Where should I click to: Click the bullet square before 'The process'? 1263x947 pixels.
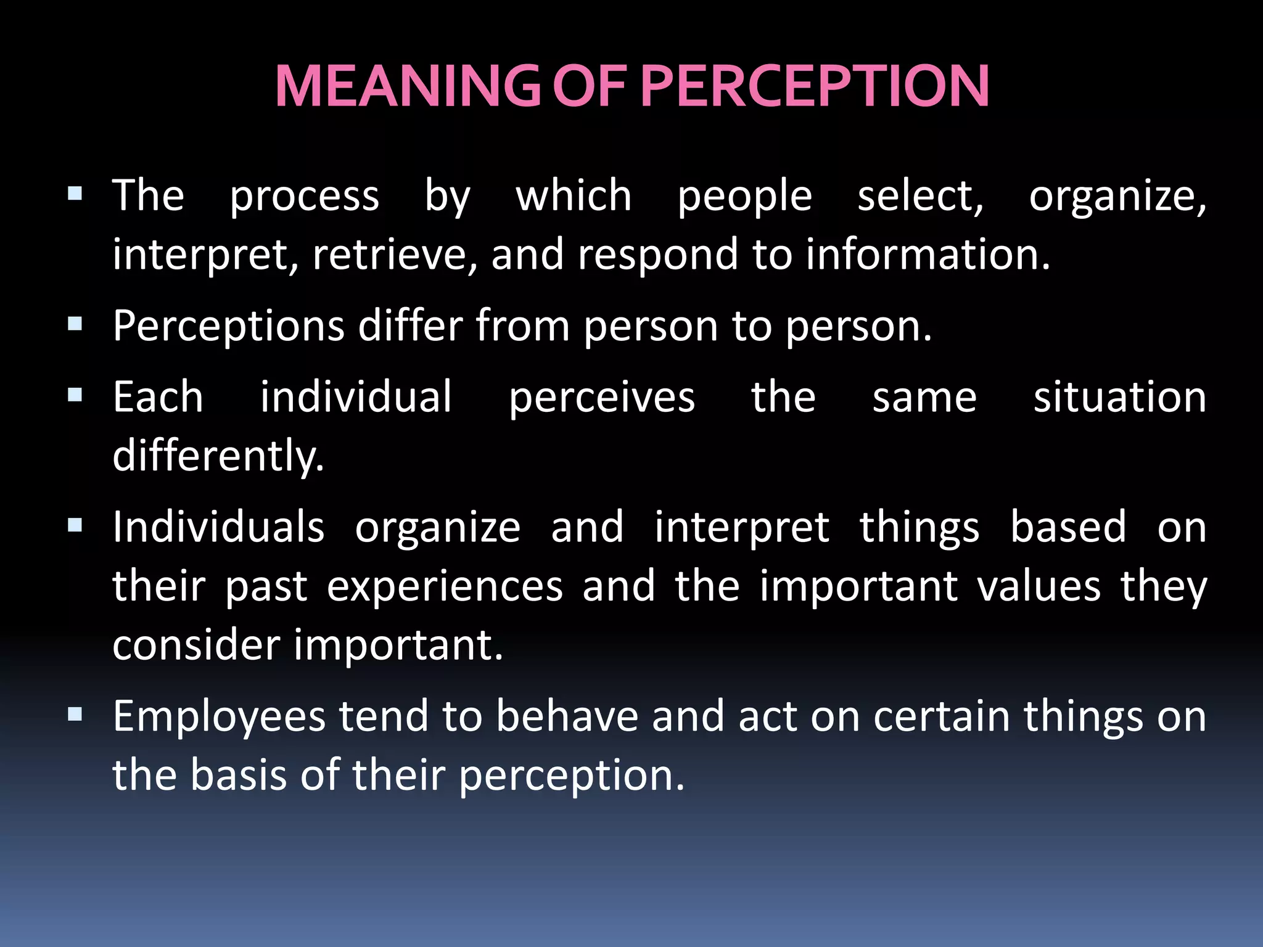tap(75, 195)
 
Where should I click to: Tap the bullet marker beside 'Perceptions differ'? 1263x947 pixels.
tap(75, 324)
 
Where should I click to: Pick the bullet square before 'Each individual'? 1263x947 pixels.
tap(75, 395)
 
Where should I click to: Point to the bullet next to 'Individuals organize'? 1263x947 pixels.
tap(75, 526)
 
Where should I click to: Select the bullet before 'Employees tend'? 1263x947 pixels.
tap(75, 715)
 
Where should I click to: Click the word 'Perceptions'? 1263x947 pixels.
tap(228, 326)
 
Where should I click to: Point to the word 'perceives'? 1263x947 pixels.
tap(602, 398)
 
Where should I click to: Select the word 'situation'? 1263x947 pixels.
tap(1120, 397)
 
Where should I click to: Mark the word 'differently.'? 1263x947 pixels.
tap(218, 456)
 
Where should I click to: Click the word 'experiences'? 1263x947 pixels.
tap(445, 587)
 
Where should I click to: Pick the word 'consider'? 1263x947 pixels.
tap(196, 645)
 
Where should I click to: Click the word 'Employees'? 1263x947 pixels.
tap(219, 718)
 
